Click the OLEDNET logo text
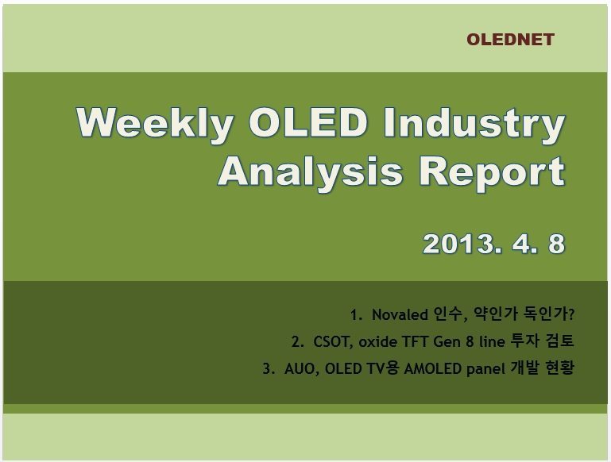[x=510, y=40]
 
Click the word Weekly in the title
[x=155, y=124]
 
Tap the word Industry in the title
[x=474, y=124]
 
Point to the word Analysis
[x=310, y=172]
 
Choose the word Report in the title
[x=492, y=172]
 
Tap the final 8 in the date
[x=556, y=244]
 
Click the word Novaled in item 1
[x=400, y=314]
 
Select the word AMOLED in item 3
[x=432, y=368]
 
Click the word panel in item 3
[x=485, y=369]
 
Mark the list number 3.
[x=267, y=368]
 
